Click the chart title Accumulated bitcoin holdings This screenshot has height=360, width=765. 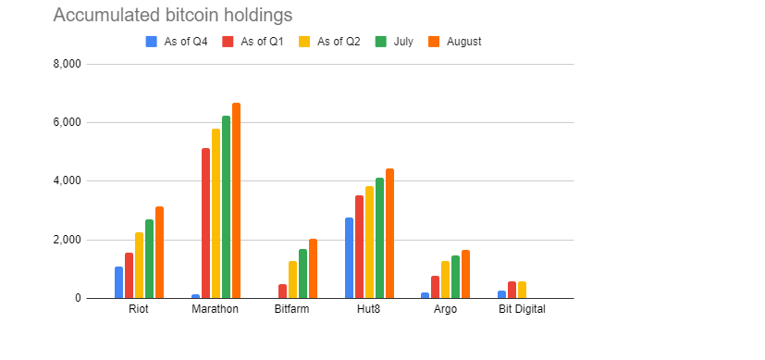[x=173, y=15]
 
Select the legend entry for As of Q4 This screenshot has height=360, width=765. [x=177, y=42]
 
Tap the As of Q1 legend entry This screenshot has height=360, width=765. [x=253, y=42]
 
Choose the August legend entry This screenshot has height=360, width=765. [x=454, y=42]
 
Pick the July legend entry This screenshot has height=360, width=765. [x=394, y=42]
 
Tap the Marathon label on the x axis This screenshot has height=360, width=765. [x=216, y=309]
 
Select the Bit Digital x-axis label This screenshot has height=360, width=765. [x=522, y=309]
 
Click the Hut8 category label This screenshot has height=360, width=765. [x=369, y=309]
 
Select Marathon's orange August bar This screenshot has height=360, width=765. [x=236, y=201]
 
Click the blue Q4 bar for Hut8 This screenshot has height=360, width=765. [x=349, y=258]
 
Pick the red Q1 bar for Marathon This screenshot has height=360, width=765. [x=205, y=223]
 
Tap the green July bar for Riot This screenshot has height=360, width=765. [x=149, y=259]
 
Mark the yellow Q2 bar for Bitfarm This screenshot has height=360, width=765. [x=292, y=279]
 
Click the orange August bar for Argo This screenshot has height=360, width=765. [x=465, y=274]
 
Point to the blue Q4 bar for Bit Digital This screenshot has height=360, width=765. [x=501, y=294]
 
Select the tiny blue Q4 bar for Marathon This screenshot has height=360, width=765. [x=195, y=296]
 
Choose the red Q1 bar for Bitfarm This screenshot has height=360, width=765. [x=282, y=292]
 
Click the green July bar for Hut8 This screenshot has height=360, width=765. [x=379, y=238]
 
